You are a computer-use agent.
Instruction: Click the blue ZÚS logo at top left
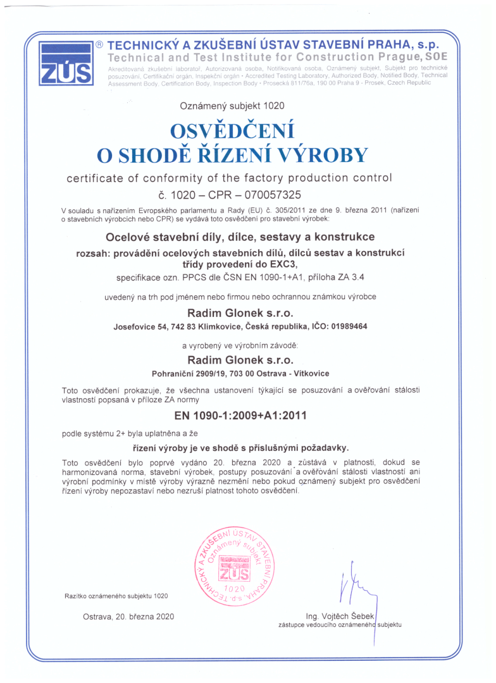pyautogui.click(x=66, y=64)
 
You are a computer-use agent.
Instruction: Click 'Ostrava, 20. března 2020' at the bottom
pyautogui.click(x=128, y=616)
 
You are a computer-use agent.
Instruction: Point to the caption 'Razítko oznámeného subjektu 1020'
pyautogui.click(x=116, y=596)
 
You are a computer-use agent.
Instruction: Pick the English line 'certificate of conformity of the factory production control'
pyautogui.click(x=230, y=178)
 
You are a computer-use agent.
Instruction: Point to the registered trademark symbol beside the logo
pyautogui.click(x=99, y=45)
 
